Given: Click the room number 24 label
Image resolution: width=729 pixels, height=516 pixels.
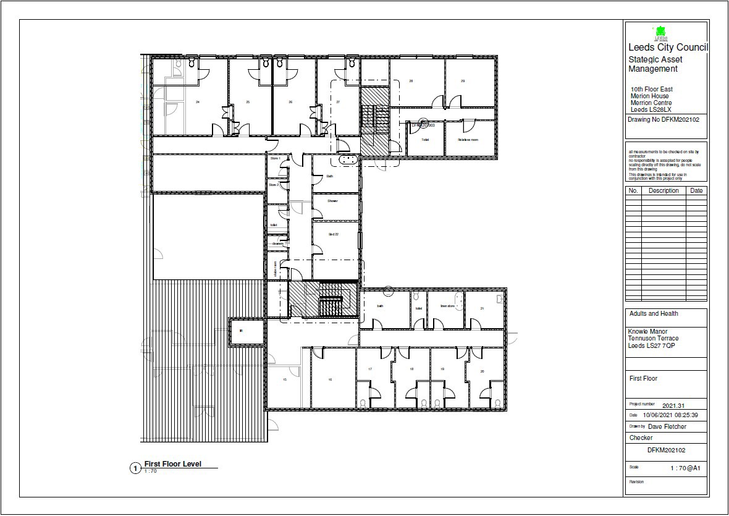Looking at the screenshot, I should pyautogui.click(x=197, y=101).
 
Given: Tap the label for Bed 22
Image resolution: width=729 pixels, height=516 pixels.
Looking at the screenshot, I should pyautogui.click(x=334, y=234).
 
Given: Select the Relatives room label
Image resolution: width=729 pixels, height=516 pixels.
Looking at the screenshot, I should pyautogui.click(x=468, y=140).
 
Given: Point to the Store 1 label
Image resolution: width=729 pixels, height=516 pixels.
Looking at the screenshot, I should pyautogui.click(x=275, y=159).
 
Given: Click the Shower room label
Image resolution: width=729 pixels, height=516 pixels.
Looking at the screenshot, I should pyautogui.click(x=332, y=201).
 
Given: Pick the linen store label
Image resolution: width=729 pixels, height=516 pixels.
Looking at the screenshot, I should pyautogui.click(x=447, y=306).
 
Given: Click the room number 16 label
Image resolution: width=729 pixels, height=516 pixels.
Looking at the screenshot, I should pyautogui.click(x=331, y=379).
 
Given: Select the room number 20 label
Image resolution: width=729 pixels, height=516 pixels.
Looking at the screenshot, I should pyautogui.click(x=482, y=370).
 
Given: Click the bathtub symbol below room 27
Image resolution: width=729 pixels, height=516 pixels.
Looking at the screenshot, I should pyautogui.click(x=347, y=159).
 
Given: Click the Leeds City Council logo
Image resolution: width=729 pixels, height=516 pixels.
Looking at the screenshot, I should pyautogui.click(x=660, y=33).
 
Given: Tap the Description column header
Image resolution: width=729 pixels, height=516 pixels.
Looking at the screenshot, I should pyautogui.click(x=664, y=191).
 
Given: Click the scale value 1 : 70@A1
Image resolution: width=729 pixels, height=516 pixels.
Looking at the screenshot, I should pyautogui.click(x=686, y=468).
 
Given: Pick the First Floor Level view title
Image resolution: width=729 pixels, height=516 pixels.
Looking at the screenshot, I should pyautogui.click(x=172, y=464).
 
